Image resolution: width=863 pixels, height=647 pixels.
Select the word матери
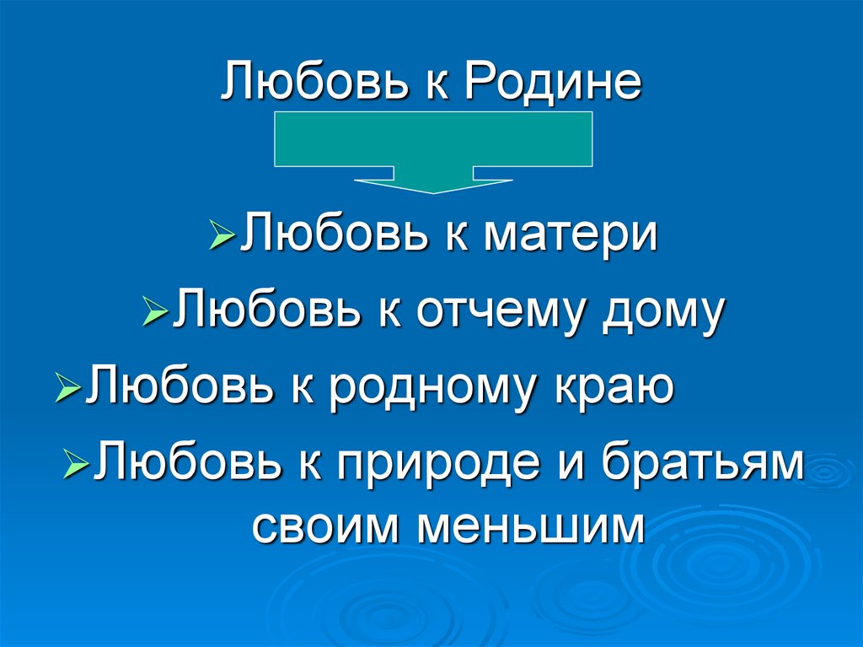(570, 234)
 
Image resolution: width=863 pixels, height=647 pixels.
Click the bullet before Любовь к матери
(222, 235)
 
